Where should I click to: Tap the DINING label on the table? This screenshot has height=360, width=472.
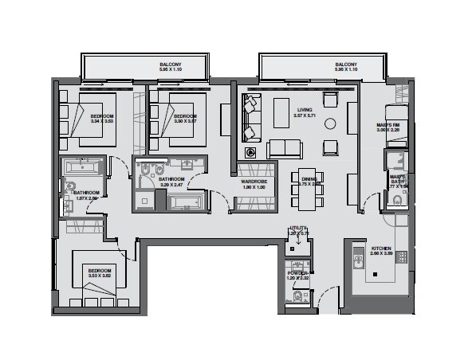point(307,178)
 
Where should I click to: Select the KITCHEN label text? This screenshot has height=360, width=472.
point(382,248)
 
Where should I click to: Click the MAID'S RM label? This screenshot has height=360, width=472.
point(388,125)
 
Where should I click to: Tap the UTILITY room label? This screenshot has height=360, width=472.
point(297,229)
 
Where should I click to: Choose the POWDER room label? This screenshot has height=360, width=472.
point(297,273)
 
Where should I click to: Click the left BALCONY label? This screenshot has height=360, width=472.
point(169,65)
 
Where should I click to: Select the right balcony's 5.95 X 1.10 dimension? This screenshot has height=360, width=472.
point(345,71)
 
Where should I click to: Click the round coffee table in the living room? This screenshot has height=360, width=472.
point(330,123)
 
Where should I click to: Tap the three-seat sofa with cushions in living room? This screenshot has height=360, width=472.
point(284,149)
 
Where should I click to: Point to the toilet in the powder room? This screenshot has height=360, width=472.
point(297,299)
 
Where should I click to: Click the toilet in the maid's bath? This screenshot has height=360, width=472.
point(395,200)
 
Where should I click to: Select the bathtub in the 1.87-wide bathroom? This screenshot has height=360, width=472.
point(82,168)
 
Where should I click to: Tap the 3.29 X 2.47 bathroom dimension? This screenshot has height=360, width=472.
point(171,186)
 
